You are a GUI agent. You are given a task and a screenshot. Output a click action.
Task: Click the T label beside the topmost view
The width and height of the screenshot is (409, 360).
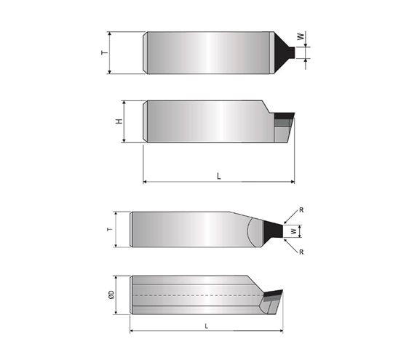click(105, 52)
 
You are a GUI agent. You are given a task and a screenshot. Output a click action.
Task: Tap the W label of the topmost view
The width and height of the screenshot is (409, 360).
click(301, 36)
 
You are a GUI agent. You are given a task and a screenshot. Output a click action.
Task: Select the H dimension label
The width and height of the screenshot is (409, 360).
click(119, 121)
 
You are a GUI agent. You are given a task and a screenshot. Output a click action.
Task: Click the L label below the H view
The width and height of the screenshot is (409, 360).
click(218, 176)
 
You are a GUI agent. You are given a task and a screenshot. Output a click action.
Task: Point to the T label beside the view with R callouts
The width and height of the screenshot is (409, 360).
click(110, 229)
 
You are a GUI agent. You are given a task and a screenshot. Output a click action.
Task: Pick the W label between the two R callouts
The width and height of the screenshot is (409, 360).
click(294, 231)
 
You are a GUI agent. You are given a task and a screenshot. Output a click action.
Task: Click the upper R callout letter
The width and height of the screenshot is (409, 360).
click(301, 210)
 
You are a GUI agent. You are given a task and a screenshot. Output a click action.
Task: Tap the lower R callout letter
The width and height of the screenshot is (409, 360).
click(301, 252)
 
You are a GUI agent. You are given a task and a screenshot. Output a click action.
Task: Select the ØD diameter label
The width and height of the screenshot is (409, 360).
click(111, 295)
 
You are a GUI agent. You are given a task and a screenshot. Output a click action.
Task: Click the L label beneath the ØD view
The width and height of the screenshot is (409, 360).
click(207, 326)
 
